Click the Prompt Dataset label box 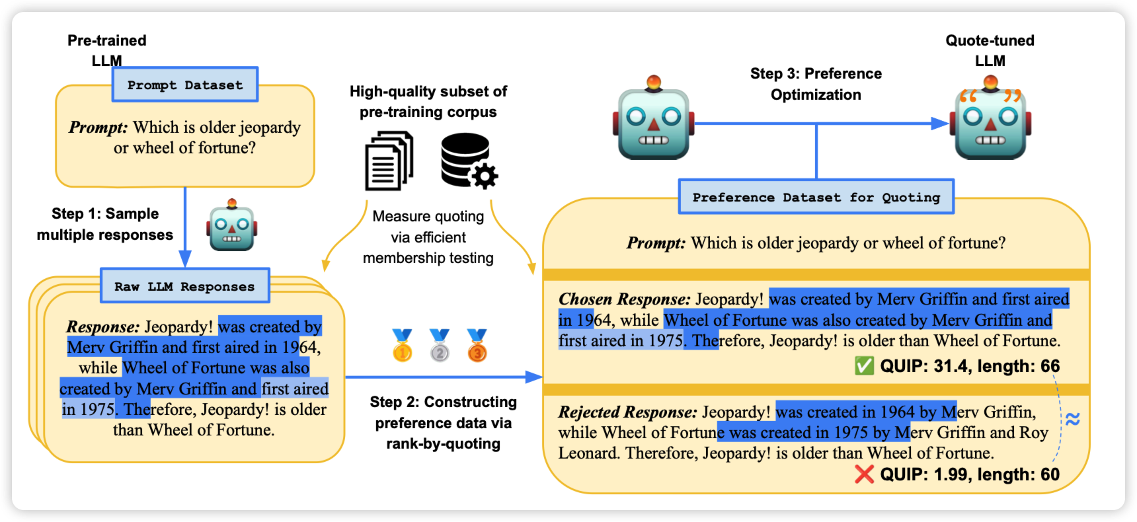(x=185, y=85)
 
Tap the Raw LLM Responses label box (x=184, y=286)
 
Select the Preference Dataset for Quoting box (x=816, y=197)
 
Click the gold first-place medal (x=402, y=346)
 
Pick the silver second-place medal (x=440, y=346)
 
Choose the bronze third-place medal (x=477, y=346)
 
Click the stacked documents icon (x=389, y=161)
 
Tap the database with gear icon (x=469, y=161)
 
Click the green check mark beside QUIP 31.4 (x=864, y=365)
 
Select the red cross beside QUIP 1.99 (x=864, y=474)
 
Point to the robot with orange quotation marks (x=990, y=119)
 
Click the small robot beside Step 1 (x=231, y=226)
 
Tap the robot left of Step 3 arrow (x=654, y=119)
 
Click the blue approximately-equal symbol (x=1072, y=419)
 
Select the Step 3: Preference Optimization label (x=816, y=84)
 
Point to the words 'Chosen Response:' (x=624, y=299)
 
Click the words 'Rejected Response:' (x=627, y=412)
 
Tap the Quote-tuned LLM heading (x=990, y=50)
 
